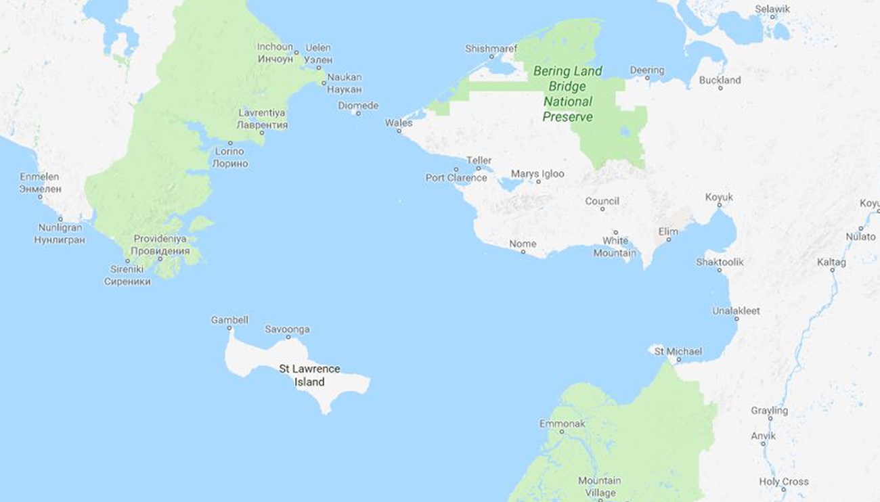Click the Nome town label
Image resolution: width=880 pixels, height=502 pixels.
tap(523, 244)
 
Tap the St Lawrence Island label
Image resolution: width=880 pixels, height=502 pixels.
tap(309, 375)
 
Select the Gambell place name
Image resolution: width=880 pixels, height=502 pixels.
tap(229, 319)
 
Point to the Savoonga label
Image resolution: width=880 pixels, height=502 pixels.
tap(287, 329)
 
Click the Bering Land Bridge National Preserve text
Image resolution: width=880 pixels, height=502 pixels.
tap(567, 93)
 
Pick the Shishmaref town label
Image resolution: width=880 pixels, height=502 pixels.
tap(491, 49)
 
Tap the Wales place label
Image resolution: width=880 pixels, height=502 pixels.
tap(399, 123)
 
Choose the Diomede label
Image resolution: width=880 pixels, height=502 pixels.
tap(358, 106)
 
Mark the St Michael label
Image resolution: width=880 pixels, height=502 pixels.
tap(678, 352)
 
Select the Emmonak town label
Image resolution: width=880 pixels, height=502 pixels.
tap(562, 424)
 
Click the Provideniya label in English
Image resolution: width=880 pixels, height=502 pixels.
tap(161, 238)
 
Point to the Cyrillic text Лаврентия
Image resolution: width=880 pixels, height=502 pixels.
tap(262, 125)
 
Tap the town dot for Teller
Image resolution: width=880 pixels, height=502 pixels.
tap(479, 168)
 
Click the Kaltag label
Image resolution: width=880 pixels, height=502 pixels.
tap(831, 261)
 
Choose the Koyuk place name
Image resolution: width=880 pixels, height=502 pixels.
tap(719, 197)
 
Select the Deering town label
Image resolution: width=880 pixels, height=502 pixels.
tap(647, 70)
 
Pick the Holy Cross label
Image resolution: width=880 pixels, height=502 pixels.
tap(784, 482)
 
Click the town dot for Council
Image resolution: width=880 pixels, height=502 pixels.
tap(602, 209)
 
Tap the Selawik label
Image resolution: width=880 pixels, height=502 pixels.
tap(772, 9)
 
